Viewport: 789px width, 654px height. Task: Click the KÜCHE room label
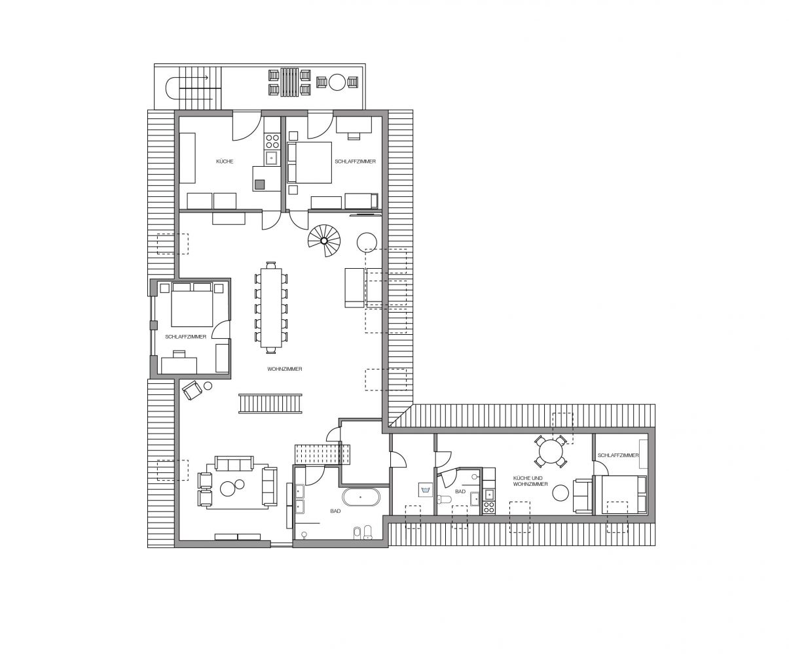click(225, 161)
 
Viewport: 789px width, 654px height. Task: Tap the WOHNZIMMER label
click(285, 369)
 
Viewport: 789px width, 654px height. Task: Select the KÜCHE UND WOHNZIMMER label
click(530, 481)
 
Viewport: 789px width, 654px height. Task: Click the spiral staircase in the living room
click(324, 241)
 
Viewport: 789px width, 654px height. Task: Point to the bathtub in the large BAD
click(361, 497)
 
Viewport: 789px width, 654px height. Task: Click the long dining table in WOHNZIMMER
click(271, 307)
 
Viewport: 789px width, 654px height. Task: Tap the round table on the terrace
click(337, 82)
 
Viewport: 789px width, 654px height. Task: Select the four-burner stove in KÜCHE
click(272, 141)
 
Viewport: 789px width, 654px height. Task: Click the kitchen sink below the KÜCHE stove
click(272, 158)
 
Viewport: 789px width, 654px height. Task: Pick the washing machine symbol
click(426, 490)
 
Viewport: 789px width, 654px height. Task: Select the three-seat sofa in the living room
click(234, 463)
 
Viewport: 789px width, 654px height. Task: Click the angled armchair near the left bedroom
click(193, 390)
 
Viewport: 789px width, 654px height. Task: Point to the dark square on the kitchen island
click(259, 184)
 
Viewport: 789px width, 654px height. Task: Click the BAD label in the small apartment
click(460, 491)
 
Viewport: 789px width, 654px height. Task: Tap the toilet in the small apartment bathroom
click(445, 499)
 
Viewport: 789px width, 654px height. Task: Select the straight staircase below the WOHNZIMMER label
click(270, 404)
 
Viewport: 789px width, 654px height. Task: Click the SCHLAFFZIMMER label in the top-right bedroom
click(355, 161)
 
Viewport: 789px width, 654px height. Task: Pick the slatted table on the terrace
click(290, 82)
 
